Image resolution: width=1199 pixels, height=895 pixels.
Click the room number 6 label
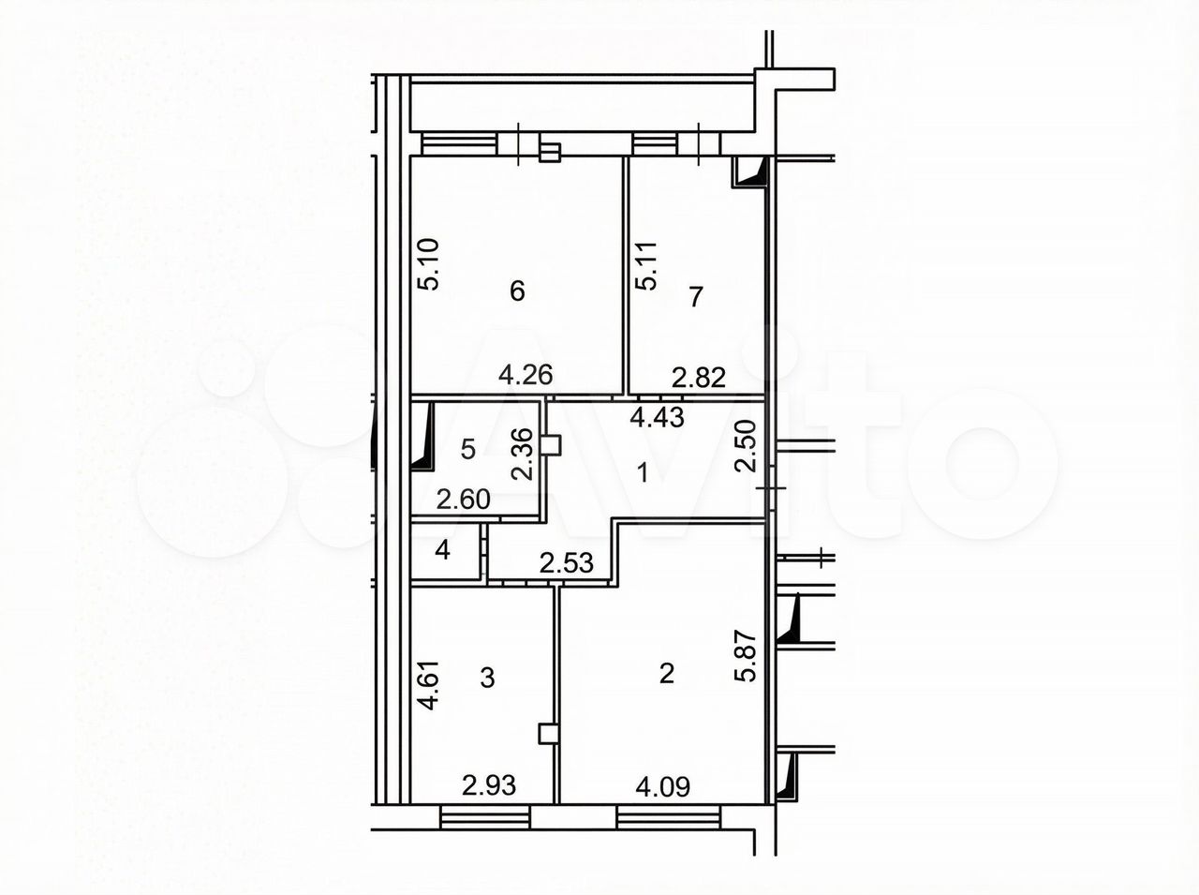(x=517, y=291)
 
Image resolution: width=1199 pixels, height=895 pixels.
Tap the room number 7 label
(x=695, y=297)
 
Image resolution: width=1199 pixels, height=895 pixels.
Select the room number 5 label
(x=468, y=449)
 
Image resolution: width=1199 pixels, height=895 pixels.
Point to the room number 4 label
(x=442, y=550)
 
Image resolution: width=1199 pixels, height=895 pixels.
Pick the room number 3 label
(x=487, y=679)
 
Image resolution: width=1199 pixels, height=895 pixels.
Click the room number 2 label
(x=667, y=674)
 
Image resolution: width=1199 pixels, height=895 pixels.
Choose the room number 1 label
(x=644, y=472)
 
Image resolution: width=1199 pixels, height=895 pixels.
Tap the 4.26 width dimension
(x=525, y=375)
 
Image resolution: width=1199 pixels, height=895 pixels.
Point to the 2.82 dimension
(x=699, y=378)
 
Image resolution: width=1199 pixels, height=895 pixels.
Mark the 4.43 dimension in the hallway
(x=658, y=418)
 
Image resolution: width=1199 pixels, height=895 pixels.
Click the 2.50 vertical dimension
(x=746, y=446)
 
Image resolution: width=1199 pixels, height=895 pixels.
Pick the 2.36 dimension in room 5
(x=522, y=454)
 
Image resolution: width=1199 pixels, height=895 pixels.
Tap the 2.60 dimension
(x=464, y=500)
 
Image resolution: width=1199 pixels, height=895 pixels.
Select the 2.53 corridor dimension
(x=567, y=563)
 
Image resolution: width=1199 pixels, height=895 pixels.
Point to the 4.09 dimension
(x=663, y=787)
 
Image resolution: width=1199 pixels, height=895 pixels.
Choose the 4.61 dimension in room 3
(x=428, y=685)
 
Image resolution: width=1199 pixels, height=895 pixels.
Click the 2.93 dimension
(x=489, y=785)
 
